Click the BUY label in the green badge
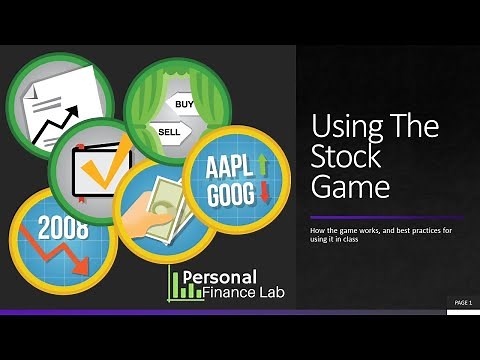(x=185, y=103)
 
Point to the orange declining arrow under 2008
(x=70, y=256)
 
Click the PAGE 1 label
(x=463, y=302)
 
